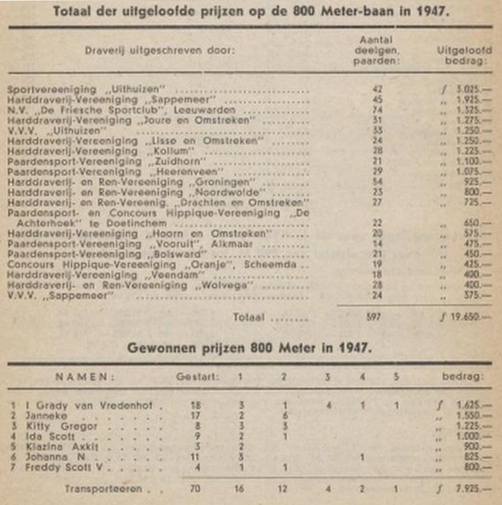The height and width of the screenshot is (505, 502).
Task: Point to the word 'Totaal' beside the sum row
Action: pyautogui.click(x=247, y=316)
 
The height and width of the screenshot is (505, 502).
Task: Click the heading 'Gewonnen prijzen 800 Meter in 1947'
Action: pyautogui.click(x=250, y=348)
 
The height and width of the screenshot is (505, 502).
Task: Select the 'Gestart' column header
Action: pyautogui.click(x=194, y=377)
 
